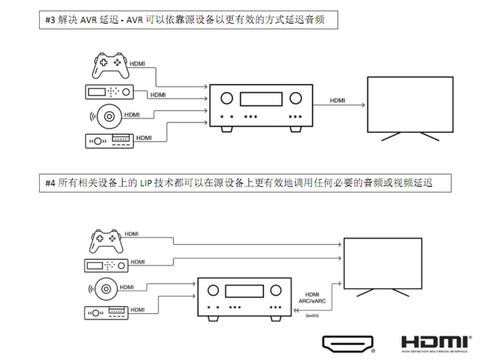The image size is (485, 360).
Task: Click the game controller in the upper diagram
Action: pos(110,66)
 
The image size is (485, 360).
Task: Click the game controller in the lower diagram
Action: pos(107,241)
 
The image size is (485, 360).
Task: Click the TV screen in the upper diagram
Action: pos(410,104)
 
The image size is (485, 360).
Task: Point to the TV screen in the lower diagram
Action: pos(382,263)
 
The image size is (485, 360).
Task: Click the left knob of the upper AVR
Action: pos(227,98)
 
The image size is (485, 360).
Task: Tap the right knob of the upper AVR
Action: pos(296,98)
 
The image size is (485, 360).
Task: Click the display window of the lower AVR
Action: pos(244,291)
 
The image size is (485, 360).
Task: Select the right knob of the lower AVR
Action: pos(276,291)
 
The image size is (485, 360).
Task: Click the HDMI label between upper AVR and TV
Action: pos(337,100)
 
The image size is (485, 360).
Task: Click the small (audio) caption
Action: pos(312,316)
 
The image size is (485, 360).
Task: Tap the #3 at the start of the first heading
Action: pos(50,20)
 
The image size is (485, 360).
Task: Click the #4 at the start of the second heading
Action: pos(50,183)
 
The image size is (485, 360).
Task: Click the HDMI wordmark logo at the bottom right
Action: pos(436,343)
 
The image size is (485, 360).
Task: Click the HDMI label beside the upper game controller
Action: pos(137,64)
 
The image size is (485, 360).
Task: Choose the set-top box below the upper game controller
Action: pos(110,92)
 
